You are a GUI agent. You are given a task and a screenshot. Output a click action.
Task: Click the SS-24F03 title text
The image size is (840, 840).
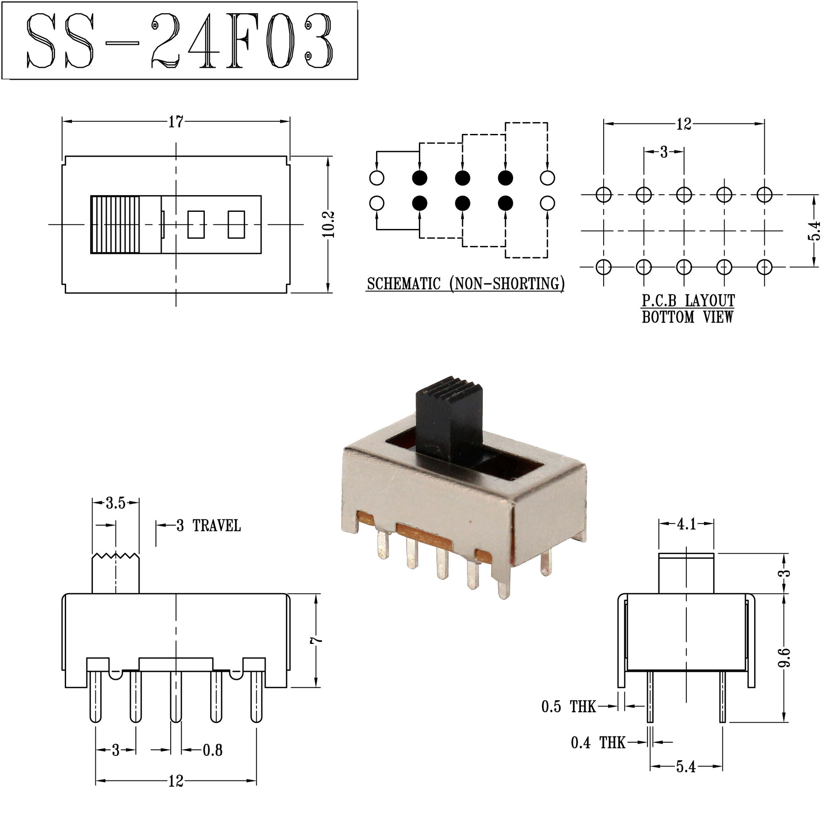click(179, 40)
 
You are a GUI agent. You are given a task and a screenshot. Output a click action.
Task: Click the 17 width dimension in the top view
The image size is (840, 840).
click(176, 122)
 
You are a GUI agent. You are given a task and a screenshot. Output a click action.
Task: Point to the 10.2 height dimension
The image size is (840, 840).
click(329, 224)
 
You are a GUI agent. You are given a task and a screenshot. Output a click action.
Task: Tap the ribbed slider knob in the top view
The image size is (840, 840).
click(115, 224)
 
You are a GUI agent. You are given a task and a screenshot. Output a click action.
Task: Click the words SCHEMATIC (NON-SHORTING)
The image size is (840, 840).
click(465, 284)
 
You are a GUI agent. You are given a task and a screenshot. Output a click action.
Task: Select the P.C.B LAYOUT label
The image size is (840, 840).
click(688, 301)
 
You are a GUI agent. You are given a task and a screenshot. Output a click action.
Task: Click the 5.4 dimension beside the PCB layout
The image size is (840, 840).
click(814, 230)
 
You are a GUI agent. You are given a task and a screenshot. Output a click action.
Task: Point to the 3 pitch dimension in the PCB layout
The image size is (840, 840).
click(664, 152)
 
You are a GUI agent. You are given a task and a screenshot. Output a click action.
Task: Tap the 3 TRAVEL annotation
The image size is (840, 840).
click(208, 525)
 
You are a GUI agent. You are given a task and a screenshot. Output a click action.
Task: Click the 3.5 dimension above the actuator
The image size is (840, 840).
click(115, 503)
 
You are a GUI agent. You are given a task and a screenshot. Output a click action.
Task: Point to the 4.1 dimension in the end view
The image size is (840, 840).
click(686, 524)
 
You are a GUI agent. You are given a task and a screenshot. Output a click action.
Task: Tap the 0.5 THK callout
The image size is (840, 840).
click(568, 706)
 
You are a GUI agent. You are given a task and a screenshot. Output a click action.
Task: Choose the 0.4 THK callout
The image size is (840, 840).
click(598, 742)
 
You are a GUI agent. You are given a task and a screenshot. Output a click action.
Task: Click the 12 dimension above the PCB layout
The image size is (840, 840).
click(683, 124)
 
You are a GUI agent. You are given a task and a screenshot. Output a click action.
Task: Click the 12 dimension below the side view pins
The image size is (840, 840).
click(176, 781)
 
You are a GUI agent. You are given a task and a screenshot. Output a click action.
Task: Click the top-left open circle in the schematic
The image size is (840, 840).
click(377, 178)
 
